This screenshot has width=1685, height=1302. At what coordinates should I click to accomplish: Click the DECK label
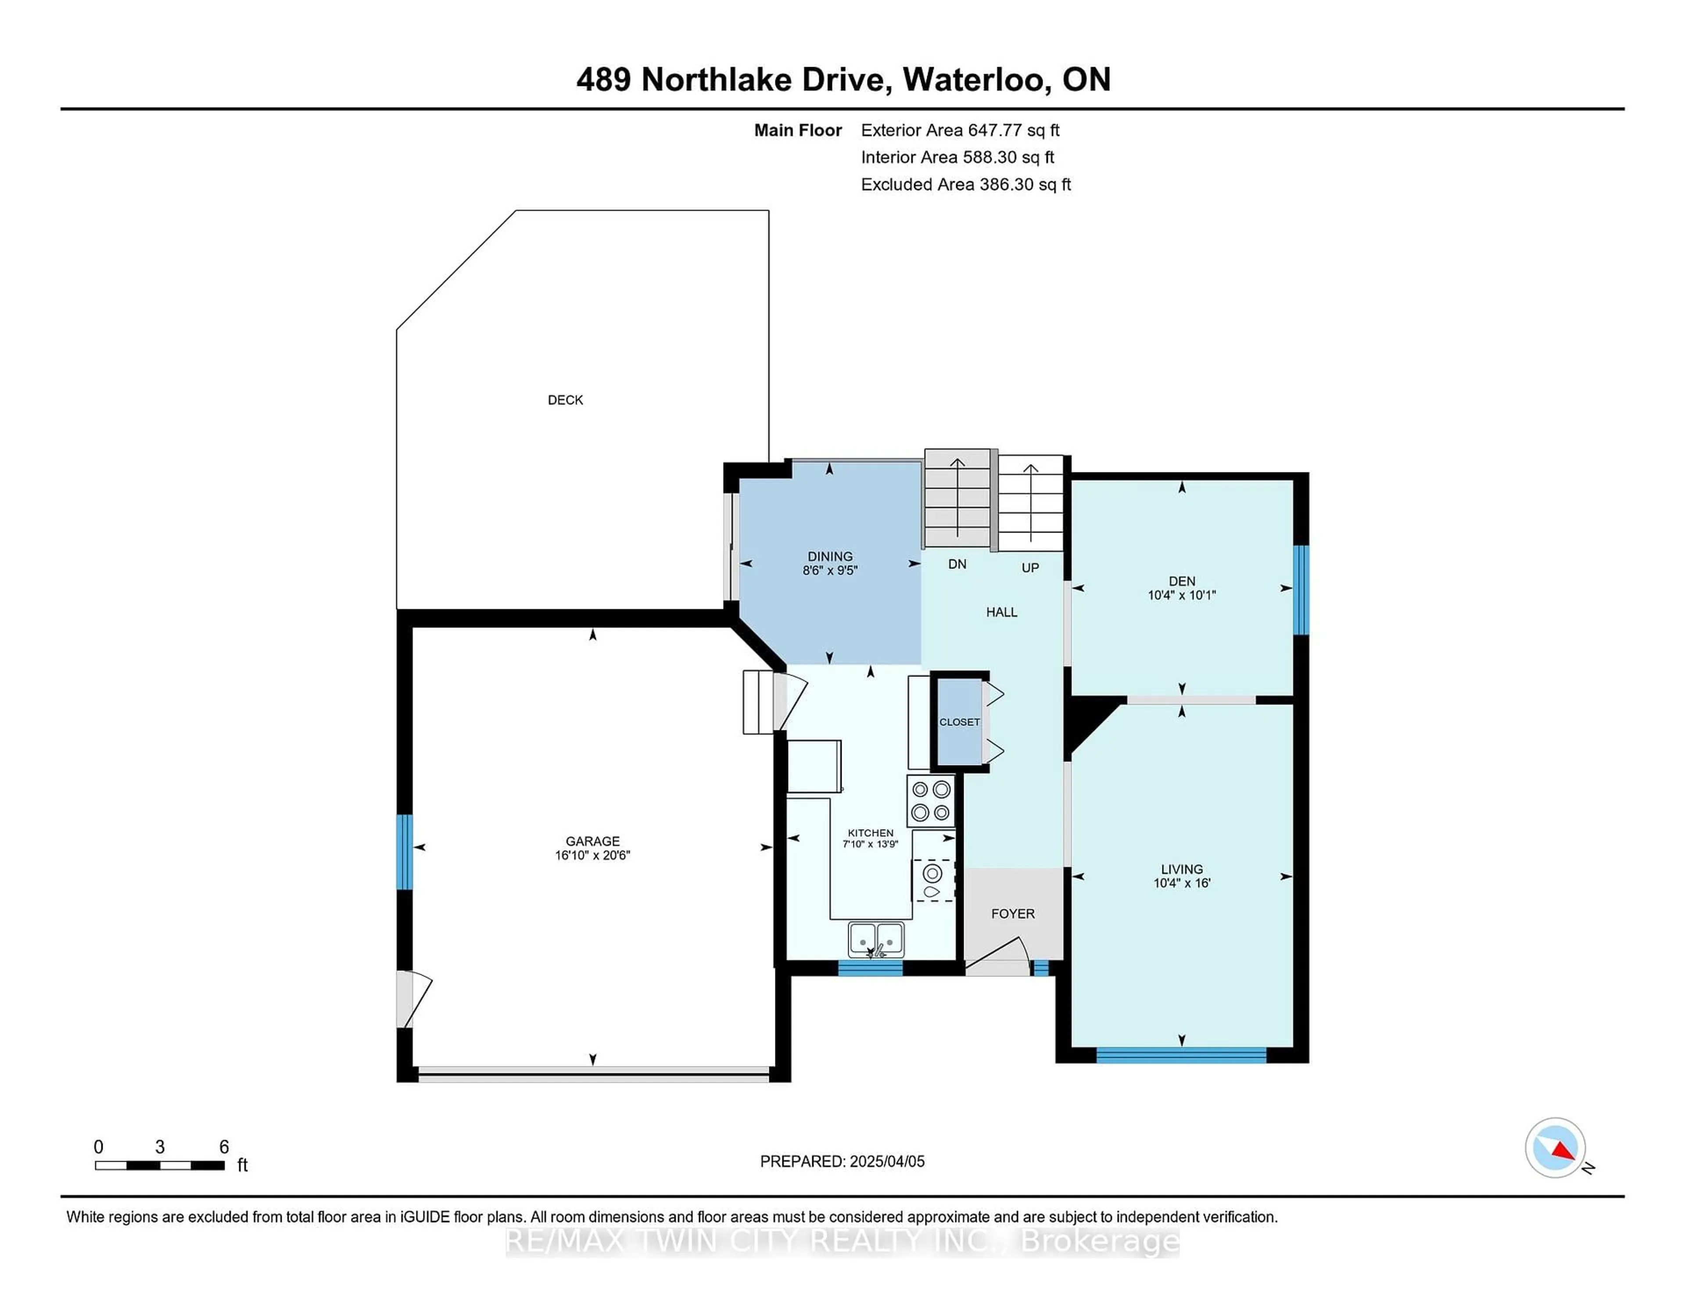tap(565, 400)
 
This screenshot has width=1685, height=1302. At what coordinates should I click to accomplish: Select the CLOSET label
tap(959, 722)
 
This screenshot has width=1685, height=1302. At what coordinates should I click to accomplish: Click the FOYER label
tap(1012, 913)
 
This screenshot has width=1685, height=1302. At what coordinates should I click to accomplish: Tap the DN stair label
tap(957, 564)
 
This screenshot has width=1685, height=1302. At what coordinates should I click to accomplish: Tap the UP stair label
tap(1030, 568)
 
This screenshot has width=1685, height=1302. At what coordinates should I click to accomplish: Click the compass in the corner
tap(1555, 1148)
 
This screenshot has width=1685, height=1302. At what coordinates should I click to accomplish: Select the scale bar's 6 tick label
tap(224, 1147)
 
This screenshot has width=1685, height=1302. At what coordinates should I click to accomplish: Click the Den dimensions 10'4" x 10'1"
tap(1181, 595)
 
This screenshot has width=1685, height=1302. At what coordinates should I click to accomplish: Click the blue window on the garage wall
tap(404, 851)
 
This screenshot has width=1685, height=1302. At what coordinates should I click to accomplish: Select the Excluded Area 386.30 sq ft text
tap(965, 184)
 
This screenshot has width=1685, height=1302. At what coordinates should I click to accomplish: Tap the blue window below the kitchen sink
tap(870, 968)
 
